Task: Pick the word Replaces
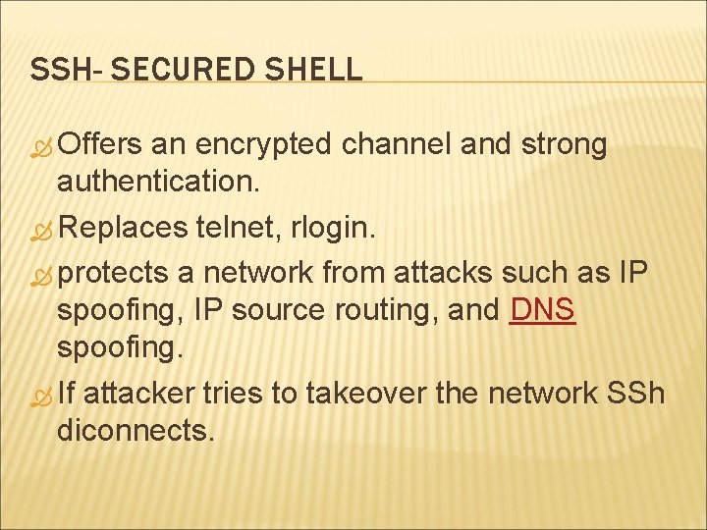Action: click(x=122, y=229)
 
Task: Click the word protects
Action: click(x=114, y=272)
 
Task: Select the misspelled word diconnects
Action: click(x=136, y=431)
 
